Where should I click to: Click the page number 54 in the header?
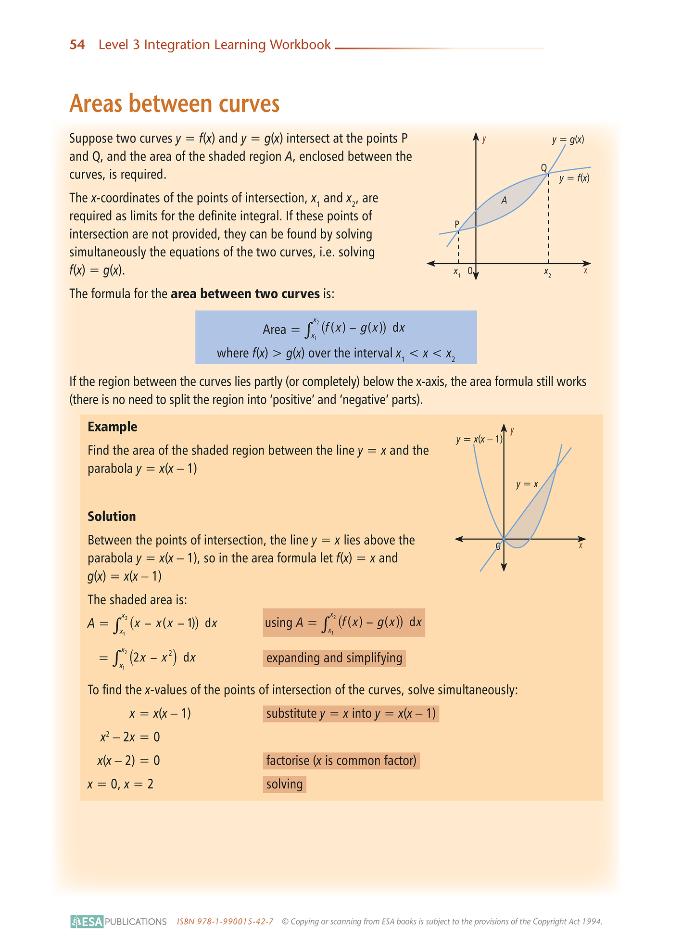[77, 45]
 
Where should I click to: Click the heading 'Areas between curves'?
[174, 104]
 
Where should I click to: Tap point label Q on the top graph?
[543, 168]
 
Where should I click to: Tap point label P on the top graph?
[457, 224]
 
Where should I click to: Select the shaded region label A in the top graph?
[504, 201]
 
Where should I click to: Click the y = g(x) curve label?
[568, 140]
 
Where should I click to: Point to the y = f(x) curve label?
[574, 178]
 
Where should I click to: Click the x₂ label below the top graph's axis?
[547, 272]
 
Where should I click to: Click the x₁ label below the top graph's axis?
[457, 272]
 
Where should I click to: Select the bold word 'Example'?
[112, 427]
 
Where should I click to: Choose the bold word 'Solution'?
[112, 516]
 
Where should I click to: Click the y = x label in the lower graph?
[527, 484]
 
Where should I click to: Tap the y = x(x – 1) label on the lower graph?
[479, 439]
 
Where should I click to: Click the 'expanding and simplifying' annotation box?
[334, 658]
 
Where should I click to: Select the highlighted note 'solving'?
[284, 784]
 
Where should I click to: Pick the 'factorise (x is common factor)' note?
[341, 761]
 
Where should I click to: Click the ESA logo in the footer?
[87, 922]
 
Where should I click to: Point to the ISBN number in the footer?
[225, 922]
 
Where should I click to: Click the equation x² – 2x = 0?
[130, 737]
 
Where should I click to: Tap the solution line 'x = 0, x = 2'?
[120, 784]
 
